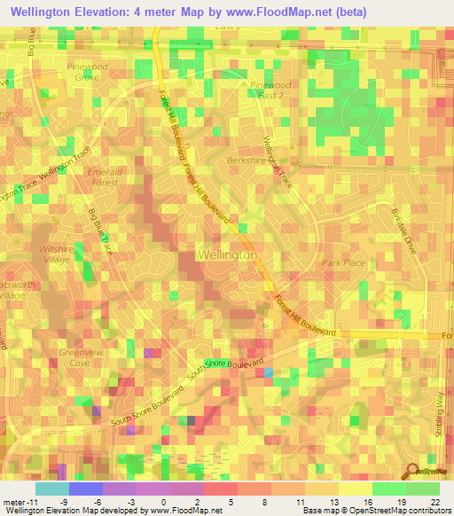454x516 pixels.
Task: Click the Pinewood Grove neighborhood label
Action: pyautogui.click(x=87, y=72)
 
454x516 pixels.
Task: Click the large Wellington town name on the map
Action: pyautogui.click(x=228, y=254)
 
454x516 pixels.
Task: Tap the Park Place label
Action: pyautogui.click(x=343, y=263)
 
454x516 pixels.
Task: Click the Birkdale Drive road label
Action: pyautogui.click(x=403, y=227)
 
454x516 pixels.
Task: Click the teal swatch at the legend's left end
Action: pyautogui.click(x=51, y=489)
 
